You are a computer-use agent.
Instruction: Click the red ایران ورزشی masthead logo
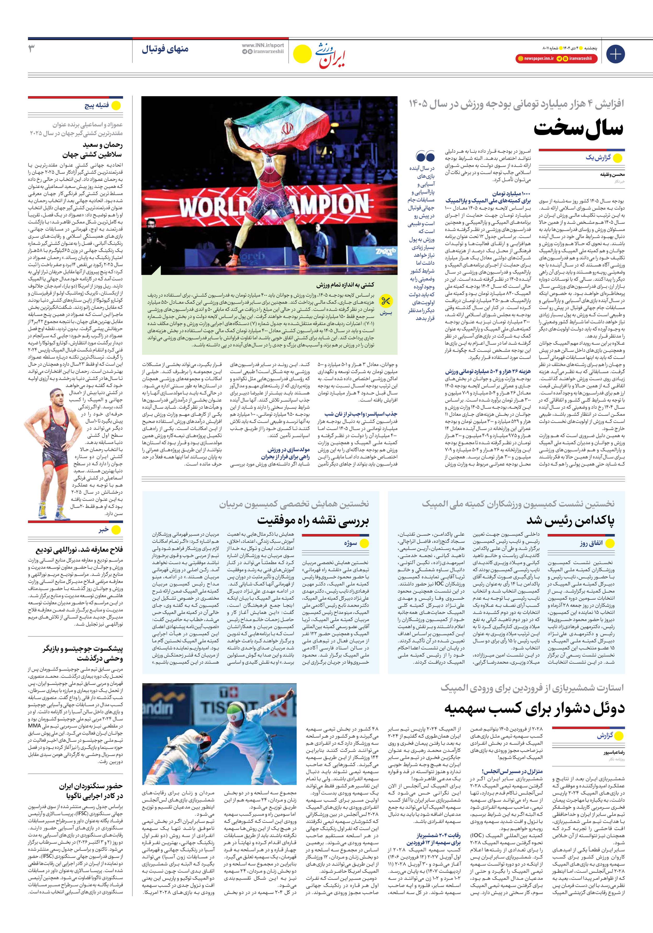click(331, 55)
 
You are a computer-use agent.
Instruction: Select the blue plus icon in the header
click(615, 54)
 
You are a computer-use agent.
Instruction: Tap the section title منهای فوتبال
click(165, 49)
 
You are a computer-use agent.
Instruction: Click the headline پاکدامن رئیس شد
click(570, 520)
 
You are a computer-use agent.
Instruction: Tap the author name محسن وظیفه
click(612, 174)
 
